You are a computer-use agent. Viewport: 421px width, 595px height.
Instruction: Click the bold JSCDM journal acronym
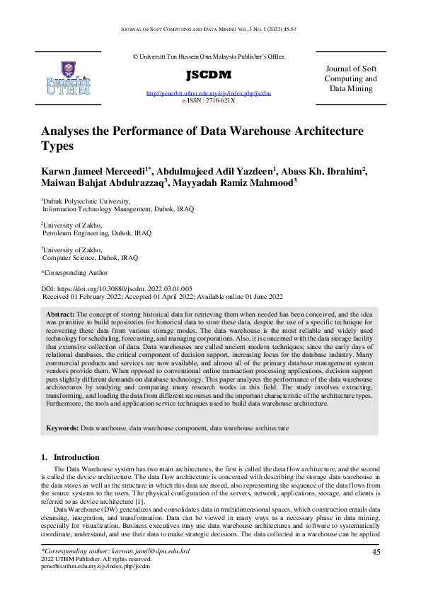209,75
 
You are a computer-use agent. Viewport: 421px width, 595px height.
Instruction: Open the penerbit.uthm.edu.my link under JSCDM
208,93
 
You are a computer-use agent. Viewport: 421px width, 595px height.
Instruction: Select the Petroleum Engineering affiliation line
97,232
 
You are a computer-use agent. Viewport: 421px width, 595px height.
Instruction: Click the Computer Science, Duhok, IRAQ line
90,258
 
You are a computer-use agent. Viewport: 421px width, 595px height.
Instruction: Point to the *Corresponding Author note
74,272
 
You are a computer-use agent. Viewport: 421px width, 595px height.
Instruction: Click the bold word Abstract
60,313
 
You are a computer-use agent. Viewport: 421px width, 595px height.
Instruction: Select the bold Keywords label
62,428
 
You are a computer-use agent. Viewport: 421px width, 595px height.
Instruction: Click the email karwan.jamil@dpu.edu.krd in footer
148,550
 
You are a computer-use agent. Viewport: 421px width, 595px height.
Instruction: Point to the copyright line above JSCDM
208,56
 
